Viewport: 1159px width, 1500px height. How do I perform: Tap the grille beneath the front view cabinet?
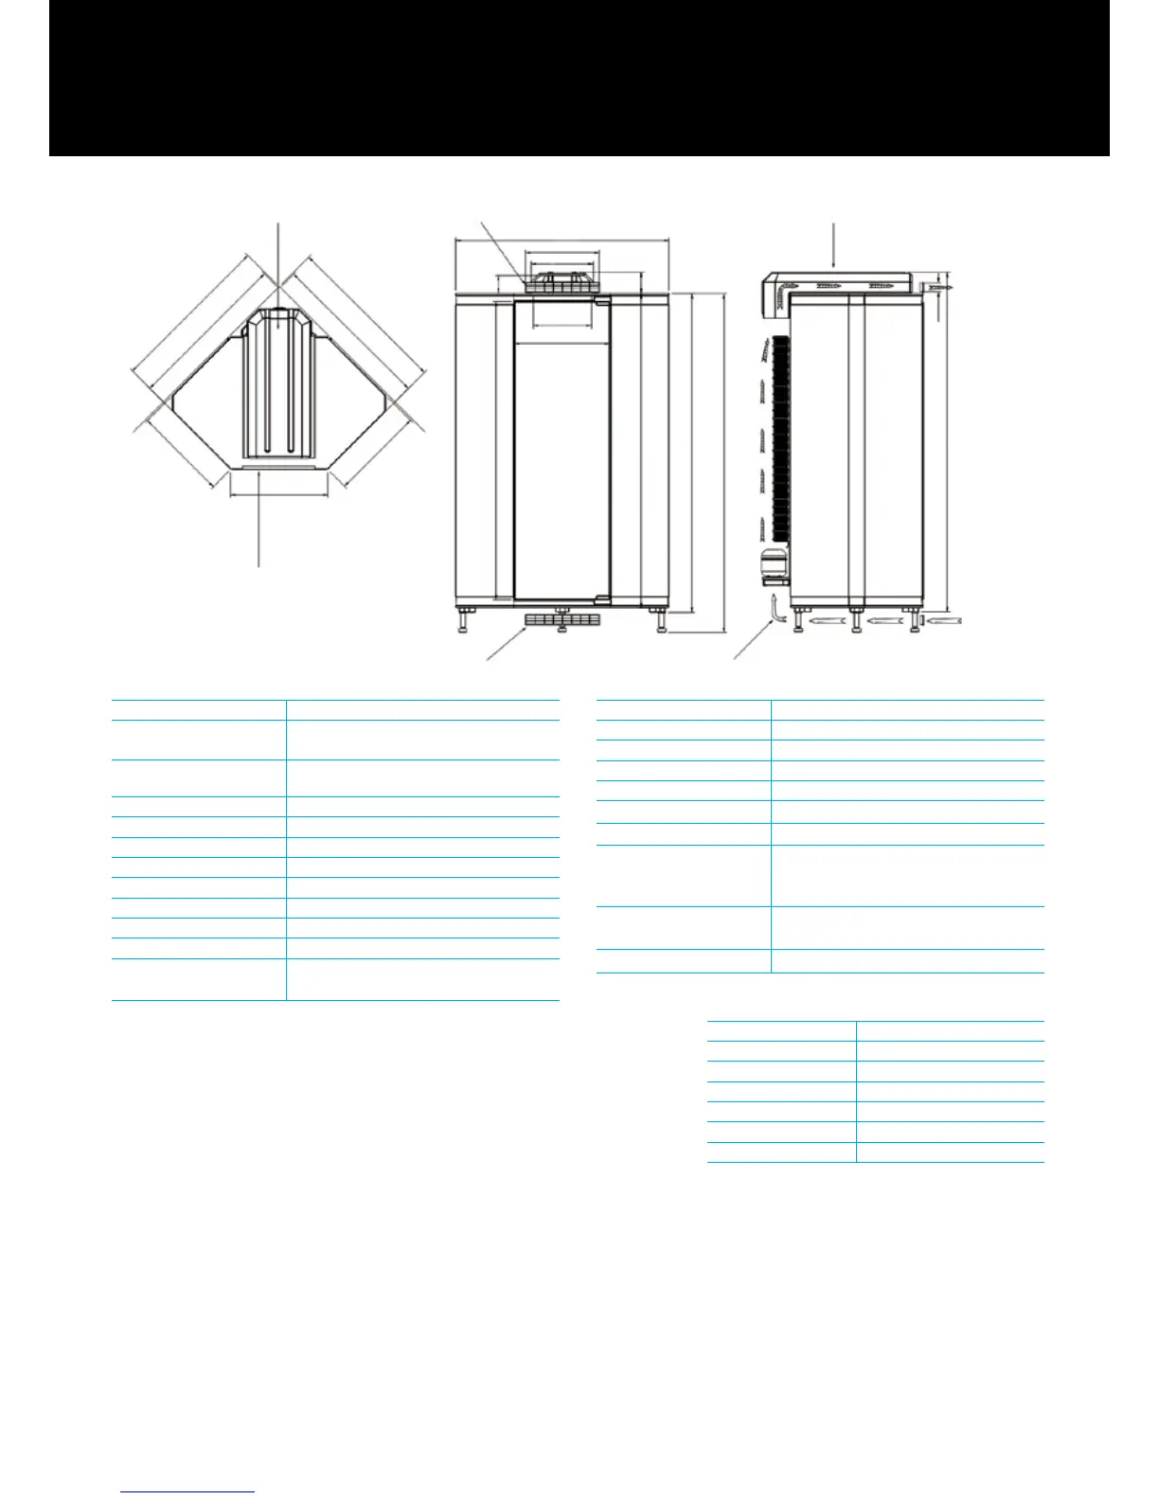pyautogui.click(x=562, y=621)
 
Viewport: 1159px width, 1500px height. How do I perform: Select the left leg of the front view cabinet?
pyautogui.click(x=463, y=621)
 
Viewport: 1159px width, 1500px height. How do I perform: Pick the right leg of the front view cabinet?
pyautogui.click(x=660, y=621)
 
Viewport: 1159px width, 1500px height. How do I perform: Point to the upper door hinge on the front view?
pyautogui.click(x=601, y=303)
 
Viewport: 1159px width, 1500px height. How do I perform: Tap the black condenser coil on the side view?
pyautogui.click(x=781, y=436)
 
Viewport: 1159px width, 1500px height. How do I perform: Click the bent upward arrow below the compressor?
pyautogui.click(x=776, y=611)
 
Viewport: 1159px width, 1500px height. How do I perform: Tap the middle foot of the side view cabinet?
pyautogui.click(x=856, y=620)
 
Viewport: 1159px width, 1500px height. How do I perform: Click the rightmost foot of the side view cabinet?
pyautogui.click(x=916, y=620)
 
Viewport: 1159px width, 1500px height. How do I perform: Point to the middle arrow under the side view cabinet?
pyautogui.click(x=883, y=621)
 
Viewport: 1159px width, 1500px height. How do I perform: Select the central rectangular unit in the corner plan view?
pyautogui.click(x=278, y=388)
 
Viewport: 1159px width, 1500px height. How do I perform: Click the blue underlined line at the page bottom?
pyautogui.click(x=187, y=1491)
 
